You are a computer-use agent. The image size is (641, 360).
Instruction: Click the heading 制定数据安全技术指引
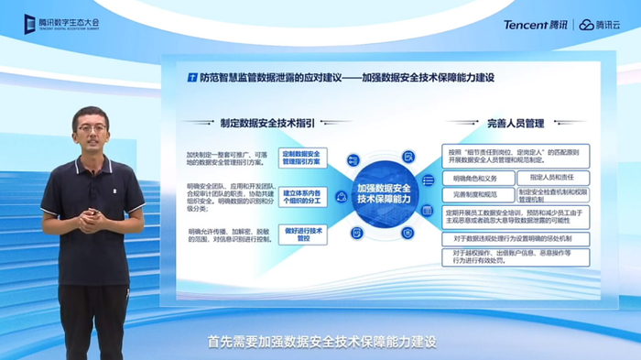[x=266, y=122]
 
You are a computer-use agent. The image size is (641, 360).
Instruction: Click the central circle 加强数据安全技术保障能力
[x=386, y=193]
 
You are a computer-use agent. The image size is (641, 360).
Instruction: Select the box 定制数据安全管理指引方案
[x=301, y=157]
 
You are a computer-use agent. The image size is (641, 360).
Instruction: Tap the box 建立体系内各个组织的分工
[x=301, y=196]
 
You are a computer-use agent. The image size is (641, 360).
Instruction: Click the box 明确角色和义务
[x=475, y=178]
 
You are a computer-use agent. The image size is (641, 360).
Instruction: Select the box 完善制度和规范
[x=475, y=195]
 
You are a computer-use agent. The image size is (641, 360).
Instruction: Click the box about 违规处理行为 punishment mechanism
[x=516, y=238]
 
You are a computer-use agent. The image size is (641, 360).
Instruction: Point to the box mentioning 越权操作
[x=516, y=256]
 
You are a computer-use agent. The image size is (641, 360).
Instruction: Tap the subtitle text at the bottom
[x=320, y=342]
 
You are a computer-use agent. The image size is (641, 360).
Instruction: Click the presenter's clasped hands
[x=94, y=217]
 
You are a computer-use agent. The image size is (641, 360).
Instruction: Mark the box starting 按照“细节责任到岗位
[x=516, y=155]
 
